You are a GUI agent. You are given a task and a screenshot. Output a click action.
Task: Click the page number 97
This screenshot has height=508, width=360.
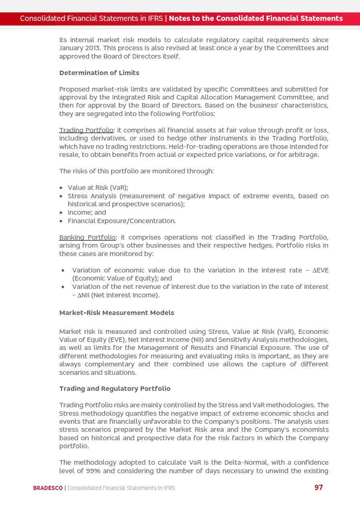[x=318, y=487]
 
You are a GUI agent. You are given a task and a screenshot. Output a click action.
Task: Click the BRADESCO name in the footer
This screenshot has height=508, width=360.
[x=48, y=488]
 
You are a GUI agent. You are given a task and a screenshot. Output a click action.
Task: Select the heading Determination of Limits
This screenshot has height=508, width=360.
[x=99, y=73]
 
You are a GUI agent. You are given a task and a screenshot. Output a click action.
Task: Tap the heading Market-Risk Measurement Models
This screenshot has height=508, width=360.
[x=116, y=313]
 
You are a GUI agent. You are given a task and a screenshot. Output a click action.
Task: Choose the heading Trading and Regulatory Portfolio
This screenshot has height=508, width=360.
[x=115, y=388]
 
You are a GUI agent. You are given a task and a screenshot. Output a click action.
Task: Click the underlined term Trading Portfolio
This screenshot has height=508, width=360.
[x=86, y=130]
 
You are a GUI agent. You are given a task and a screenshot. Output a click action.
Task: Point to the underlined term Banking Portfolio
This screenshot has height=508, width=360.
[x=87, y=237]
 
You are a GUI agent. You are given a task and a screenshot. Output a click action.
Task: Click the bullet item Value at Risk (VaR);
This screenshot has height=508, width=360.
[x=98, y=187]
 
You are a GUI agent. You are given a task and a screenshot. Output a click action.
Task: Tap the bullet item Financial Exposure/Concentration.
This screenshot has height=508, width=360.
[x=122, y=221]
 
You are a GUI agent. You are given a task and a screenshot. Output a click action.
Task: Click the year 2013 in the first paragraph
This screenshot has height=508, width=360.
[x=93, y=48]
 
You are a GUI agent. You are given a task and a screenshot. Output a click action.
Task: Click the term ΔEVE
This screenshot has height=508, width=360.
[x=320, y=270]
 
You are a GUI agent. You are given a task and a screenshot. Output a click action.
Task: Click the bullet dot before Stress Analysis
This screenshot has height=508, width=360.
[x=61, y=196]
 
